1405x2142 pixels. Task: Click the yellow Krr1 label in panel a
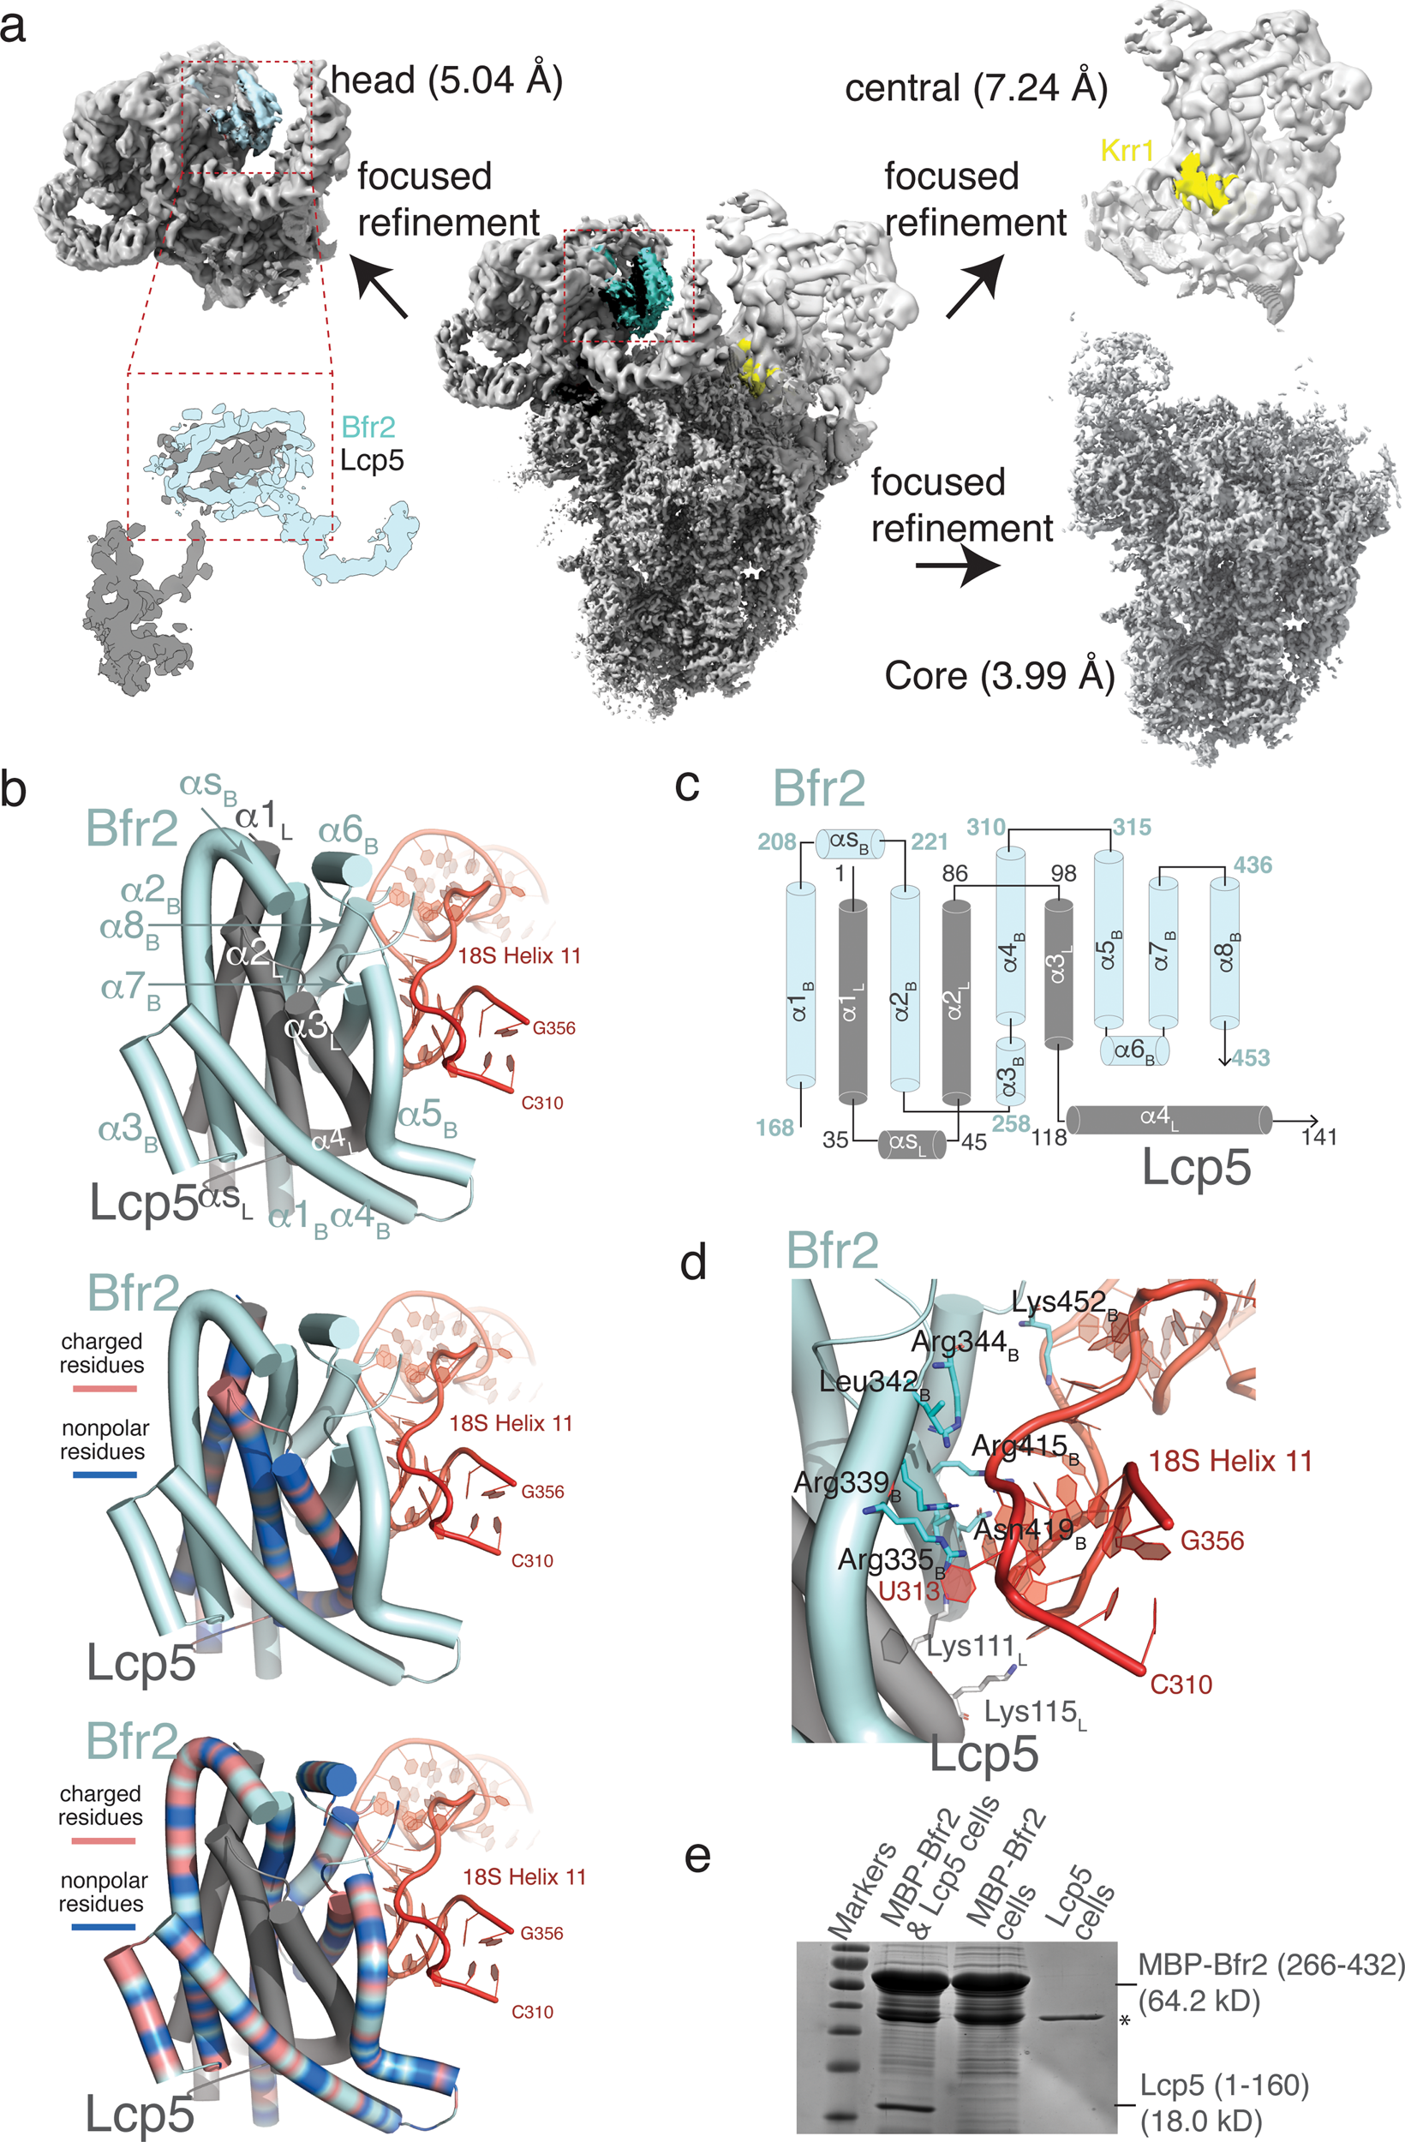click(1127, 150)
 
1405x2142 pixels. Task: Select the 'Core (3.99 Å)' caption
click(999, 675)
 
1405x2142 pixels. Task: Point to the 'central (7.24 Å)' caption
click(977, 88)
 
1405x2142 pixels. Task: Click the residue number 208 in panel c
click(777, 841)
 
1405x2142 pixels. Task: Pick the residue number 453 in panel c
click(1250, 1057)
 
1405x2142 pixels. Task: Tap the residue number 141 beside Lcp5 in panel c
click(1318, 1137)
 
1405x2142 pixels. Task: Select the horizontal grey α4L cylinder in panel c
click(1169, 1120)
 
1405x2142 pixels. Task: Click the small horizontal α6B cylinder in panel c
click(1135, 1050)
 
